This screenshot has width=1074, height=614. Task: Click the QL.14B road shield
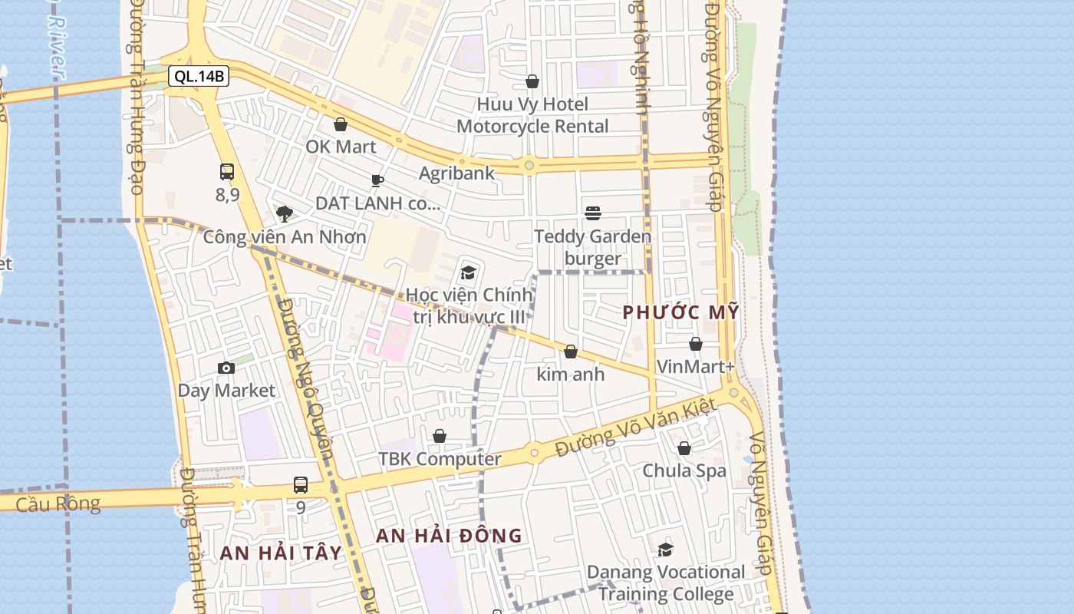point(199,76)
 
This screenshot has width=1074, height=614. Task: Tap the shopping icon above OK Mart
point(341,124)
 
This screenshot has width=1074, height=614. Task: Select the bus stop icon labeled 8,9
point(227,172)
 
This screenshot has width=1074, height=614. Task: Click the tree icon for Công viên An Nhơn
point(285,213)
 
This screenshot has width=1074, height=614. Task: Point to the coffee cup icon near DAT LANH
point(377,181)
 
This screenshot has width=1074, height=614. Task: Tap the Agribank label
point(457,173)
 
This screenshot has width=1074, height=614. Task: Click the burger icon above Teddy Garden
point(592,213)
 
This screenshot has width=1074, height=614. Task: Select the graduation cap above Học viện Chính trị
point(468,272)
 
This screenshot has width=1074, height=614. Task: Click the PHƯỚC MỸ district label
point(680,312)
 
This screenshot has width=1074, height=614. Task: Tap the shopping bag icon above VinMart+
point(696,344)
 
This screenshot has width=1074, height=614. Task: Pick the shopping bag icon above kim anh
point(571,352)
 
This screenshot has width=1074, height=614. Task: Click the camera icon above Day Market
point(226,368)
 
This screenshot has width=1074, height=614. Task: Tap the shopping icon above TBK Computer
point(440,436)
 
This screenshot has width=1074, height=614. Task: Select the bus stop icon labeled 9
point(301,485)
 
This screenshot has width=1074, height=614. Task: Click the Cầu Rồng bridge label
point(58,504)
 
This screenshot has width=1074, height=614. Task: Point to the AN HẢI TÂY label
point(281,553)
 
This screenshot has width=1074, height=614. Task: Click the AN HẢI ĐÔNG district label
point(449,536)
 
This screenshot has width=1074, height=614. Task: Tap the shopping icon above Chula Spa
point(684,447)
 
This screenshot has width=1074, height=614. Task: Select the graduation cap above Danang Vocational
point(666,550)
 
